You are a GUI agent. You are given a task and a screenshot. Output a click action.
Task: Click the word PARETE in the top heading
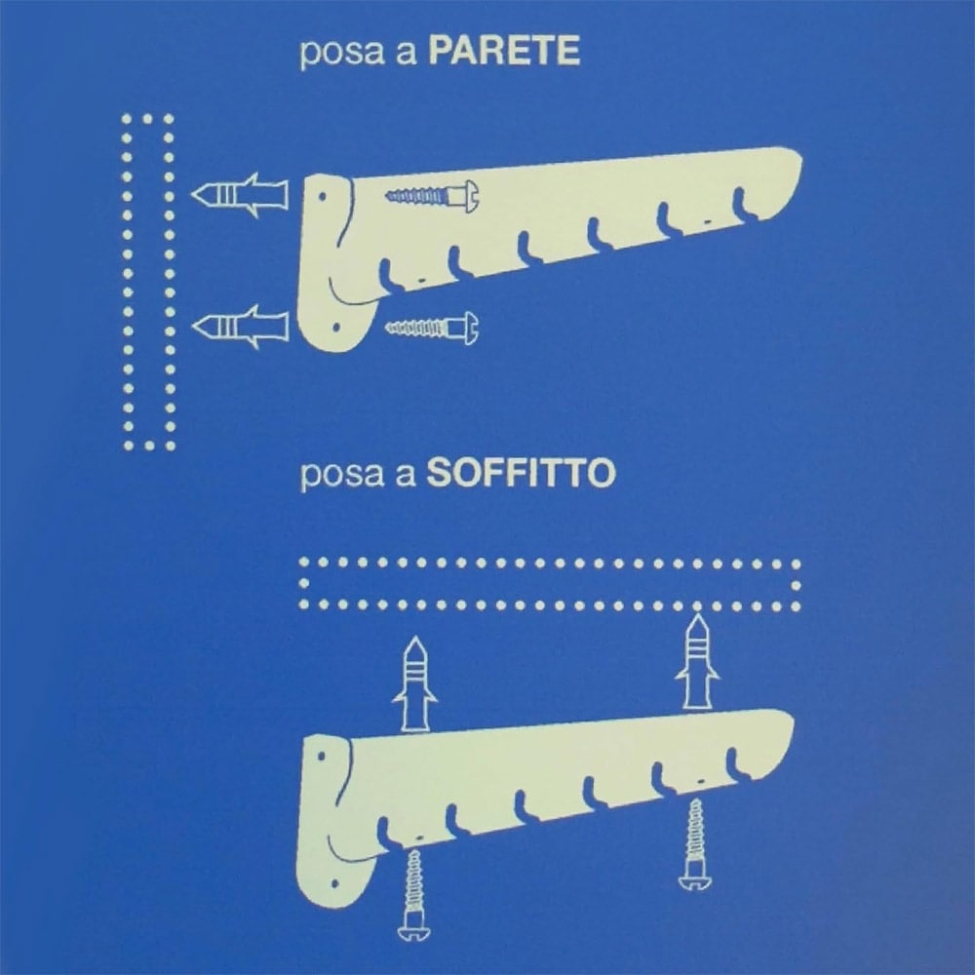(x=504, y=51)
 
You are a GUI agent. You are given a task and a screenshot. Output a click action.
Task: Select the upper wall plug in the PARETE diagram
(x=240, y=195)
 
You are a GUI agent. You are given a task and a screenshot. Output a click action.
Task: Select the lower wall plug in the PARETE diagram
(x=240, y=327)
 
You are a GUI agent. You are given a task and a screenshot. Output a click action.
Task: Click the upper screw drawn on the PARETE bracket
(x=433, y=197)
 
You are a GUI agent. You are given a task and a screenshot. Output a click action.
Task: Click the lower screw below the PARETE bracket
(x=433, y=328)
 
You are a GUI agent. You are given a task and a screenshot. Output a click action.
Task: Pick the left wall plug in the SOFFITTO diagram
(x=414, y=683)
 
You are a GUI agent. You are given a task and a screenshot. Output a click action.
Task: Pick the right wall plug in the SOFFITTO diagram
(x=697, y=661)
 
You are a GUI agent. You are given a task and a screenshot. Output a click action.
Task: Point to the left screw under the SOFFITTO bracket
(x=413, y=895)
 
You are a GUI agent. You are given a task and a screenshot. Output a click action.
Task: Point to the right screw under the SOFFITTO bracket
(x=696, y=844)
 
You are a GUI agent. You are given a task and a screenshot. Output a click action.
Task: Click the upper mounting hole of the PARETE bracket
(x=323, y=197)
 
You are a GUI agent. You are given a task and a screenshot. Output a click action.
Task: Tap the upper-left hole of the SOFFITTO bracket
(x=322, y=757)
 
